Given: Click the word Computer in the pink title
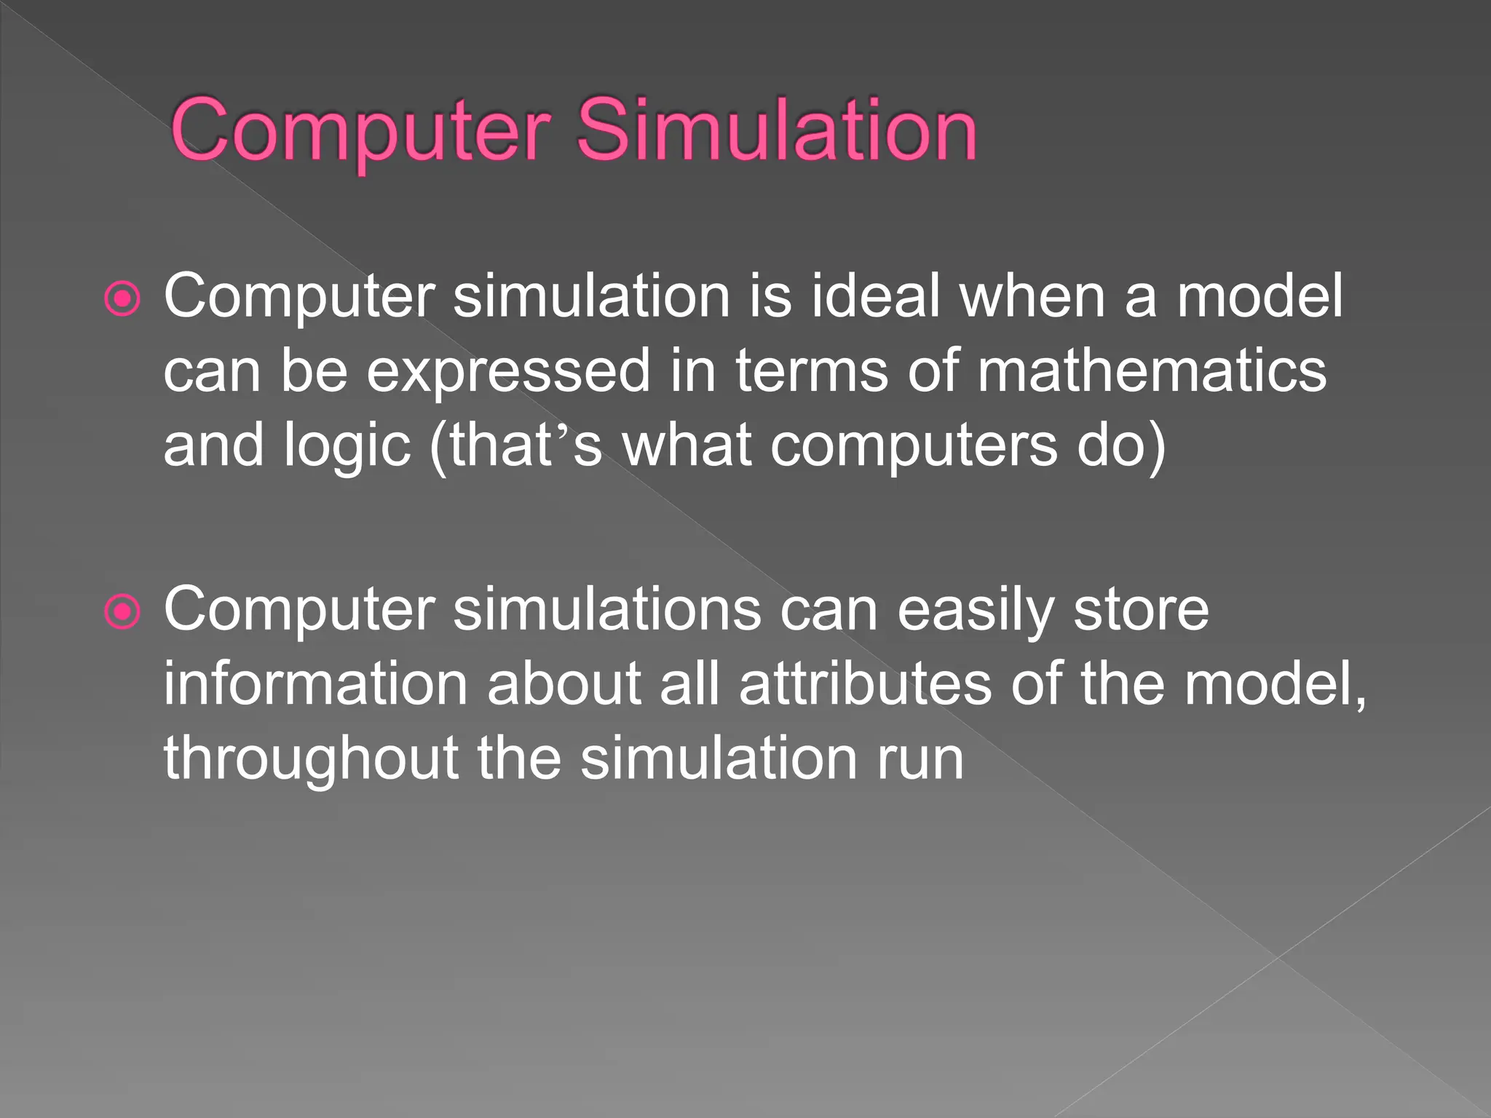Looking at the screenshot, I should (360, 131).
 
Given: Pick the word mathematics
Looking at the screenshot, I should (1152, 371).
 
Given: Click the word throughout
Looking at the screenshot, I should (311, 759).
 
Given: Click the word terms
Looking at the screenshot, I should (812, 371).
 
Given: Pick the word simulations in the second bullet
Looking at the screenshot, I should (607, 610).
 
